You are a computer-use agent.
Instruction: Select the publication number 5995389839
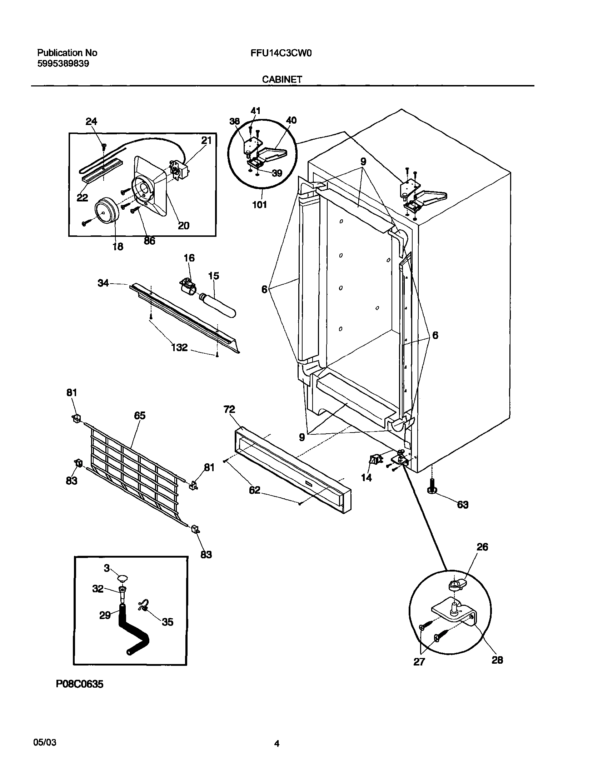point(63,64)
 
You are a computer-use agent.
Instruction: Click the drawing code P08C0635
point(79,684)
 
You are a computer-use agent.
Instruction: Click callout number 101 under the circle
point(259,205)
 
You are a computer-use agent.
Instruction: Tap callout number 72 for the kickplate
point(229,409)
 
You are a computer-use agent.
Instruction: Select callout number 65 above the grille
point(140,415)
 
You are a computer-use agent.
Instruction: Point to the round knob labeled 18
point(106,213)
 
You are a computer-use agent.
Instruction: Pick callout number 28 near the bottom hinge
point(497,659)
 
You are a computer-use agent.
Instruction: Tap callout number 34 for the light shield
point(103,283)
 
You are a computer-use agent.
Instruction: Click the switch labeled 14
point(374,460)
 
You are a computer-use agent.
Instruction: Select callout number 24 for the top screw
point(91,121)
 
